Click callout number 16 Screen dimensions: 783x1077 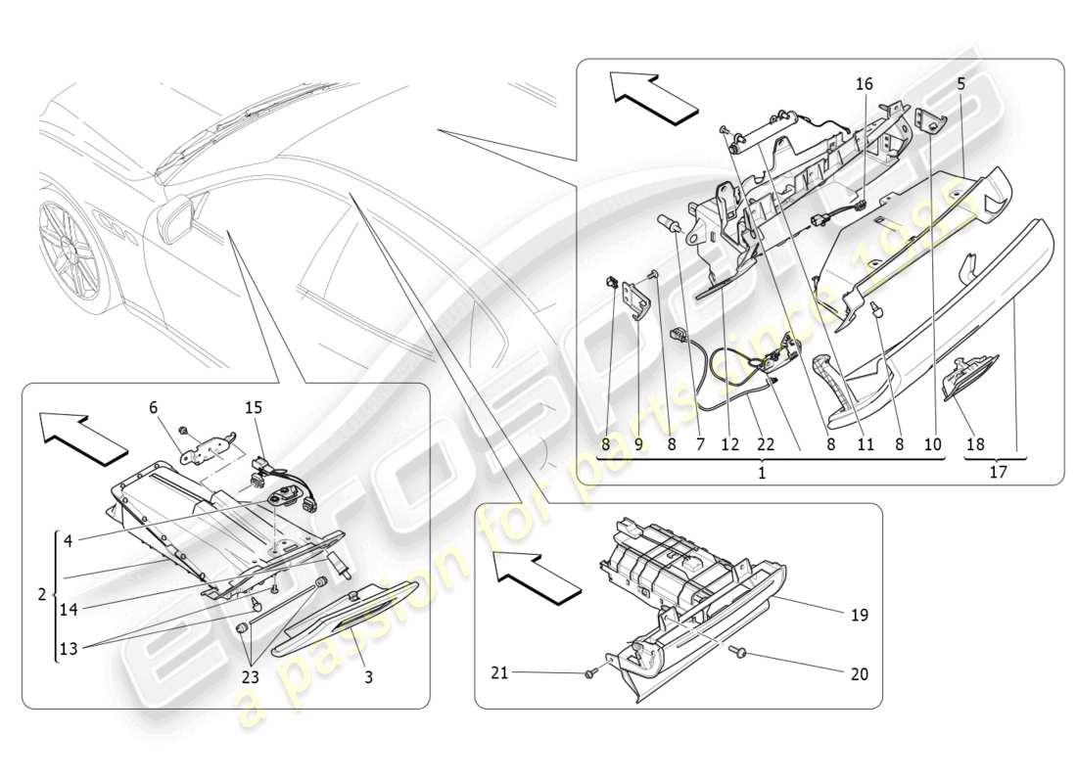(x=864, y=85)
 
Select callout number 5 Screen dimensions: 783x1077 (x=960, y=85)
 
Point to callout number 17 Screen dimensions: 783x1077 (x=999, y=472)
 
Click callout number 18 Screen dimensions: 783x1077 (x=976, y=444)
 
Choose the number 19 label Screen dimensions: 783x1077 (x=860, y=616)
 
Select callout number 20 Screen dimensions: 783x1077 (x=859, y=673)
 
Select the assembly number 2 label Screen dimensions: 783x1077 (x=41, y=595)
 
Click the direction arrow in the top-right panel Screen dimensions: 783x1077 (x=653, y=96)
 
